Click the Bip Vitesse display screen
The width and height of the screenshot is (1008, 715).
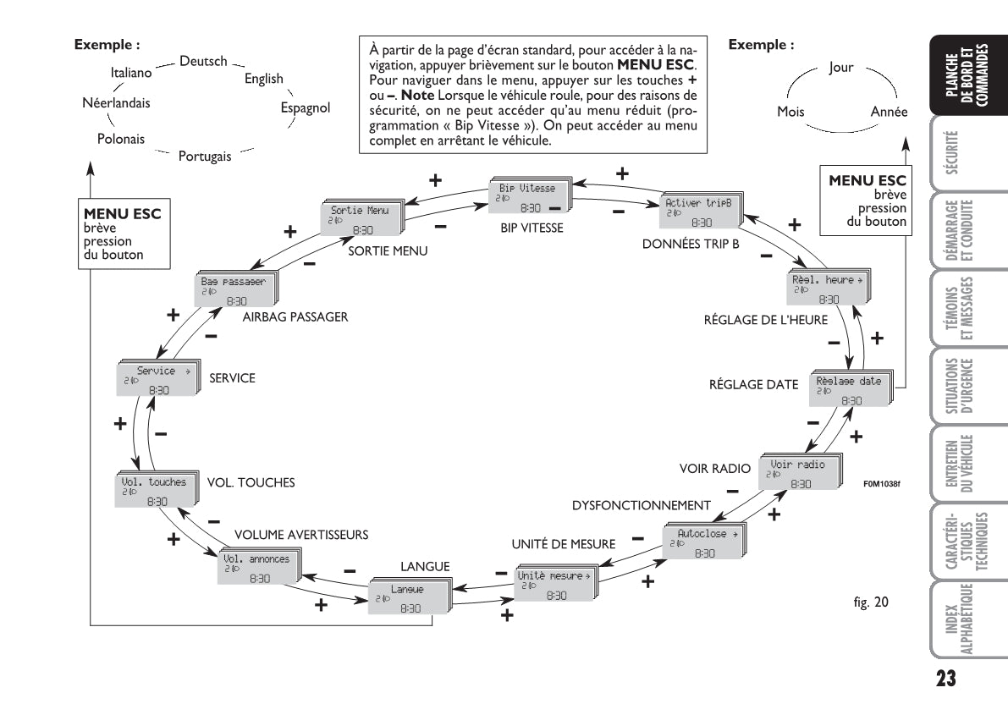[x=529, y=196]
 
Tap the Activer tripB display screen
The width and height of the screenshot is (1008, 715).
[x=699, y=212]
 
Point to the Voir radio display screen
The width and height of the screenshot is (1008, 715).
[x=798, y=473]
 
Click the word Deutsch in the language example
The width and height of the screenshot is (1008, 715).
[x=203, y=61]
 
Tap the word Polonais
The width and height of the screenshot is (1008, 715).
[x=119, y=138]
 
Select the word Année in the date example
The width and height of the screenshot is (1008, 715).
[x=889, y=113]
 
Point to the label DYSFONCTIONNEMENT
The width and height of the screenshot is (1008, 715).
[x=642, y=505]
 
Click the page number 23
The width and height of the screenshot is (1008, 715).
[x=946, y=679]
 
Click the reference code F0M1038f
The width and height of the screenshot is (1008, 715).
[x=882, y=485]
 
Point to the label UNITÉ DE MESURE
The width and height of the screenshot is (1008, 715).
[x=564, y=544]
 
